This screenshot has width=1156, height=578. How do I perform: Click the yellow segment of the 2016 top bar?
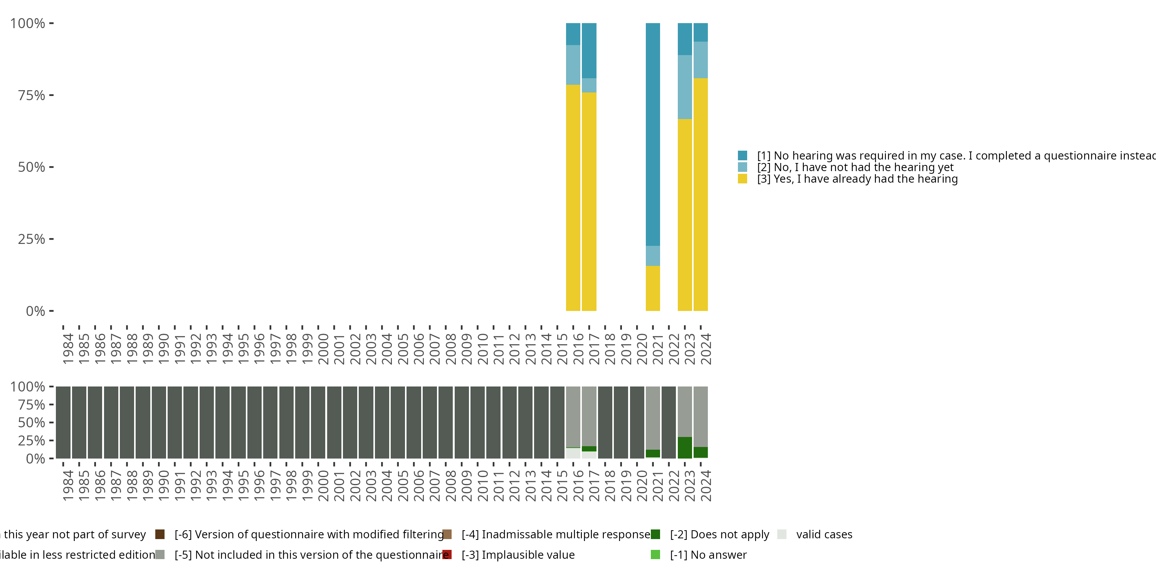click(573, 197)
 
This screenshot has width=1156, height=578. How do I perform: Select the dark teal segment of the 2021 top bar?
click(652, 134)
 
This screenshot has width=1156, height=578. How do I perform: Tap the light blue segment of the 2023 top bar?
click(684, 87)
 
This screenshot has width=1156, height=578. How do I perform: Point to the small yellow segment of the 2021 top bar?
click(652, 288)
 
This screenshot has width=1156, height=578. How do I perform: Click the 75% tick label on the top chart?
click(32, 96)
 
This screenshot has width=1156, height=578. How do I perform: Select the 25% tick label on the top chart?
click(32, 239)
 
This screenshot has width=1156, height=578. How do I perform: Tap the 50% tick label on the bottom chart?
click(32, 423)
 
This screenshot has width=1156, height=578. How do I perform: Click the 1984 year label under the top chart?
click(68, 349)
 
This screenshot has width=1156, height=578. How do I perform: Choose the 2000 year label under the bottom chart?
click(323, 486)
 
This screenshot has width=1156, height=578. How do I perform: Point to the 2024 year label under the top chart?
click(706, 349)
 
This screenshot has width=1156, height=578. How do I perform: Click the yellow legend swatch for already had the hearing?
click(742, 179)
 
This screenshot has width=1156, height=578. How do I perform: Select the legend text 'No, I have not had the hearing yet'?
click(855, 167)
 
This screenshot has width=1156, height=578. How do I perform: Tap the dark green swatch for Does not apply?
click(655, 534)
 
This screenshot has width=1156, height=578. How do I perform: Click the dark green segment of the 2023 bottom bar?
click(684, 447)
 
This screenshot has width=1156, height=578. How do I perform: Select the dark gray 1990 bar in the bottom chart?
click(159, 422)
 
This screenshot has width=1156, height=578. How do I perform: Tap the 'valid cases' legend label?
click(824, 534)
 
